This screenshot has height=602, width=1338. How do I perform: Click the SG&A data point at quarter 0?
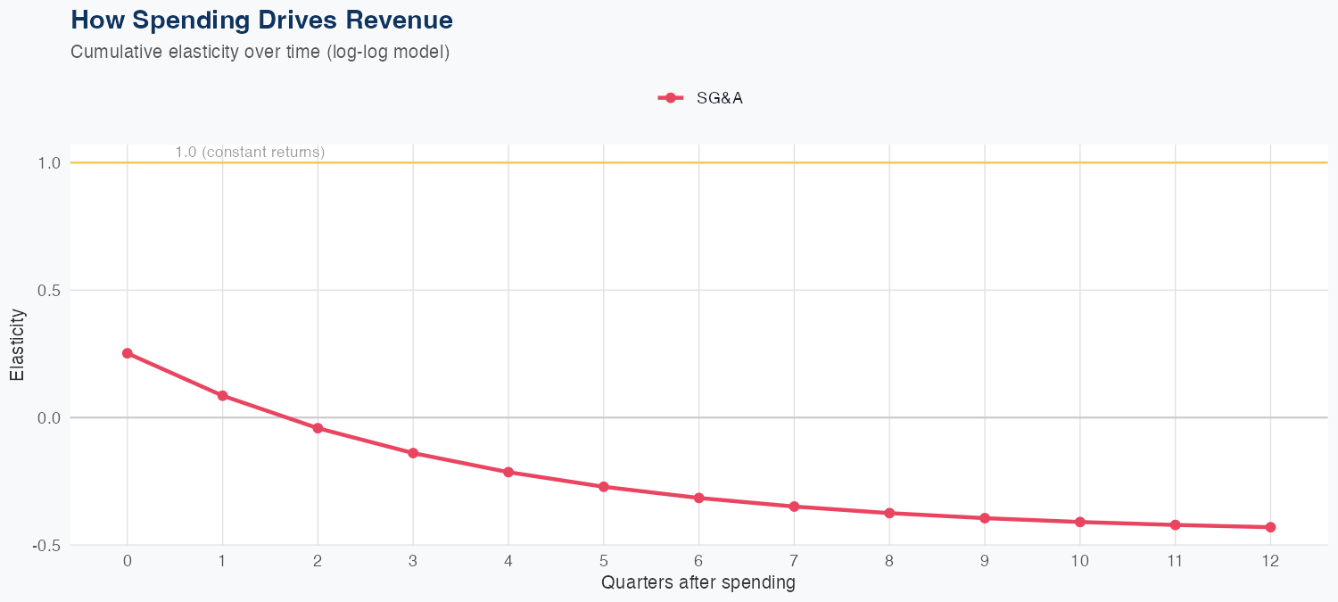pos(128,353)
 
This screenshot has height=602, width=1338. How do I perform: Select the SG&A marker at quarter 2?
pos(318,428)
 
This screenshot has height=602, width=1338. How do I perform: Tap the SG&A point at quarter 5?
pos(604,487)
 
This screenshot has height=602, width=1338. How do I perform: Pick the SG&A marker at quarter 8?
pos(889,513)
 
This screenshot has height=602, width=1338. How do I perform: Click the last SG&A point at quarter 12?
pos(1270,527)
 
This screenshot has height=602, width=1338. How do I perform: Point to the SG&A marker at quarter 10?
pos(1080,522)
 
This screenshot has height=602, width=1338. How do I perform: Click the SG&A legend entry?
pos(701,98)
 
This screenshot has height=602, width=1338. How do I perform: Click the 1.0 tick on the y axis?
pos(49,163)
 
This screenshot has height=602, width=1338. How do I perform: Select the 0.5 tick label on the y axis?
pos(49,291)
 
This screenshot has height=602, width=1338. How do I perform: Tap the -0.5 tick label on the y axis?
pos(46,545)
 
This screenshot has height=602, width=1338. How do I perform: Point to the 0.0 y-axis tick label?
pos(49,417)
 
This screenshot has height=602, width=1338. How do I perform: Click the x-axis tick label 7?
pos(794,561)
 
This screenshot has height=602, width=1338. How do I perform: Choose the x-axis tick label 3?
pos(413,561)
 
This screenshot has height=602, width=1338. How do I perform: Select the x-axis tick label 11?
pos(1175,561)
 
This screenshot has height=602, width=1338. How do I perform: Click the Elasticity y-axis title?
pos(18,345)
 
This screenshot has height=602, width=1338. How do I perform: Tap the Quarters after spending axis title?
pos(698,583)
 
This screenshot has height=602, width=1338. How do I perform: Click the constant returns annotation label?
pos(250,153)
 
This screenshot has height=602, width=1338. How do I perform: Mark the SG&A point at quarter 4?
pos(508,472)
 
